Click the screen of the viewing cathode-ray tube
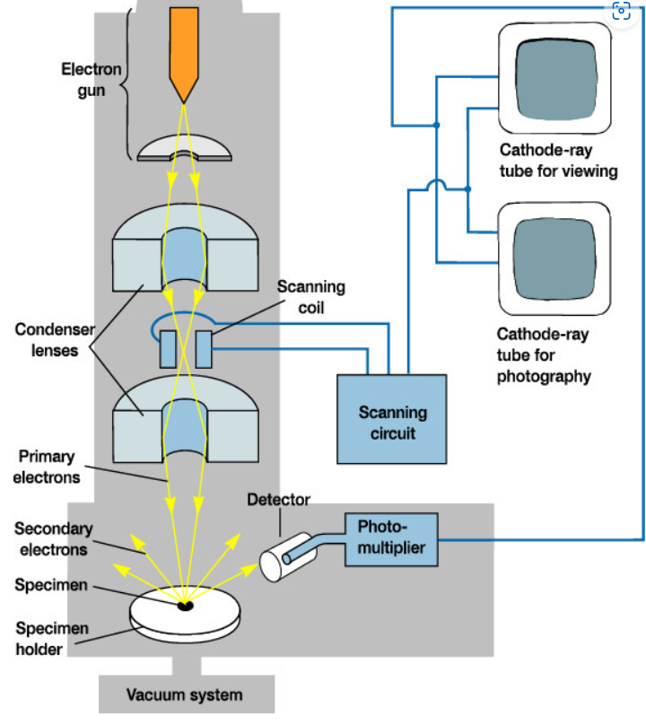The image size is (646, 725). pyautogui.click(x=554, y=77)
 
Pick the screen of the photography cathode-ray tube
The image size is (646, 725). pyautogui.click(x=554, y=257)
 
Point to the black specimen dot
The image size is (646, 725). pyautogui.click(x=185, y=607)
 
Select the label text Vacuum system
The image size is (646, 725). pyautogui.click(x=184, y=694)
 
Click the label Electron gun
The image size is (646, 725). pyautogui.click(x=91, y=78)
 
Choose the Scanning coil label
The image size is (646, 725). pyautogui.click(x=310, y=296)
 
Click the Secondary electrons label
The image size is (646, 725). pyautogui.click(x=53, y=538)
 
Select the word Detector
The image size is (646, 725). pyautogui.click(x=278, y=500)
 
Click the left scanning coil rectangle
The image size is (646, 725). pyautogui.click(x=168, y=349)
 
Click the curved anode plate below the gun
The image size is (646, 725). pyautogui.click(x=183, y=147)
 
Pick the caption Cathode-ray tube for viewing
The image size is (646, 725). pyautogui.click(x=557, y=158)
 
